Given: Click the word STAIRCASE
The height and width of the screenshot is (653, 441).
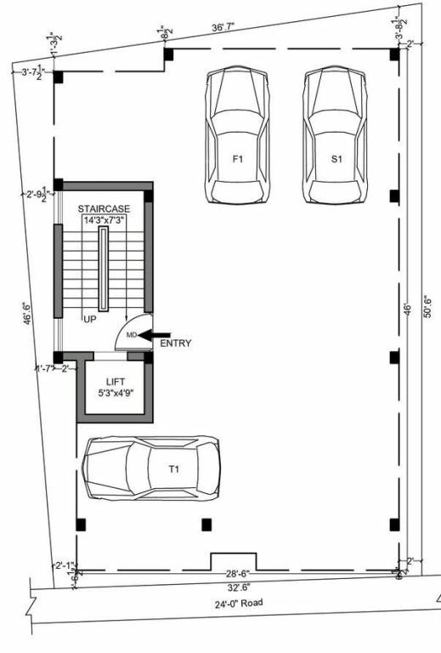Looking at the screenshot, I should point(103,208).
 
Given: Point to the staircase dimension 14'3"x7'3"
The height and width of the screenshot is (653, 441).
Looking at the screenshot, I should point(103,220).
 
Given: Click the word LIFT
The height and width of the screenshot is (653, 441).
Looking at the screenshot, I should point(116,382).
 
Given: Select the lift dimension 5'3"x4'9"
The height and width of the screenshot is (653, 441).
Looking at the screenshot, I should point(116,394).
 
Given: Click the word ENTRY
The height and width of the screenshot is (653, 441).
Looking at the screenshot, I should point(175,344).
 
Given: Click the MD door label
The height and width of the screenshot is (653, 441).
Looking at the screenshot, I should point(132,336).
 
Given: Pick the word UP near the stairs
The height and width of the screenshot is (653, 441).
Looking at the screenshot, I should point(89,320).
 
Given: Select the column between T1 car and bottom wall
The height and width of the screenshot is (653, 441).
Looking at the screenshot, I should point(206,525).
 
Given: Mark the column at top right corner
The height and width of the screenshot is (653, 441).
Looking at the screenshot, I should point(394,55).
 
